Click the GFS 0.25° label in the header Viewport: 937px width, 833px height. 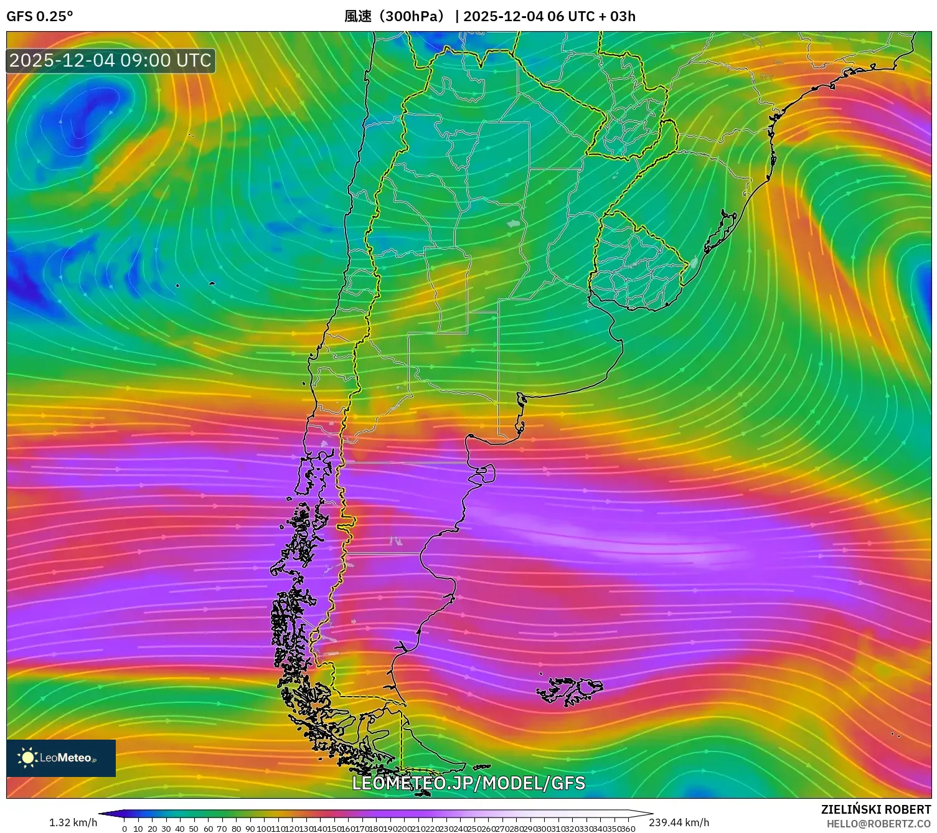[x=39, y=16]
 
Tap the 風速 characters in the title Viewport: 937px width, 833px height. [x=359, y=16]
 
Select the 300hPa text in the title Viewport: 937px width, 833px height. [x=411, y=16]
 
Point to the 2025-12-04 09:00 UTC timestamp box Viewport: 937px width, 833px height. [x=111, y=60]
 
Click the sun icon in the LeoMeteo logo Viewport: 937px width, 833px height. [x=27, y=758]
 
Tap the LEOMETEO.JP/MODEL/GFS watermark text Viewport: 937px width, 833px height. [x=468, y=783]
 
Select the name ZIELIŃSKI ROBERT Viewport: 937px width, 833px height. [x=875, y=809]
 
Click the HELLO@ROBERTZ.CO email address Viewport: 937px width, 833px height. [x=878, y=824]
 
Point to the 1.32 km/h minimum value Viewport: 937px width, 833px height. [x=73, y=822]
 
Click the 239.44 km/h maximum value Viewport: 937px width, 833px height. [x=679, y=822]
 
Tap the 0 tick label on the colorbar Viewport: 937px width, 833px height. [x=125, y=829]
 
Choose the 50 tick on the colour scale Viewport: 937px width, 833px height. [x=194, y=829]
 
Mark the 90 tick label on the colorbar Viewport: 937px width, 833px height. [x=250, y=829]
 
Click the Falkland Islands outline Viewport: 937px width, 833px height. [x=570, y=690]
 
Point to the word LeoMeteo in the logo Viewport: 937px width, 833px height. [x=65, y=758]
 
